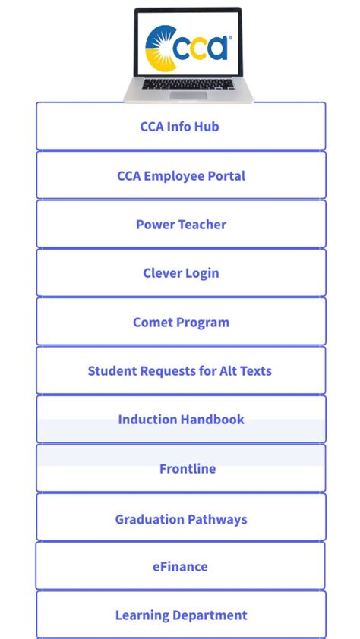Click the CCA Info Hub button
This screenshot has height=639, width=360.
click(181, 127)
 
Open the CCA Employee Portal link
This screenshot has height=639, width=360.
click(181, 175)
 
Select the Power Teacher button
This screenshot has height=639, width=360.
click(181, 225)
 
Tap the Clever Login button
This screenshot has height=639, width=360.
click(181, 273)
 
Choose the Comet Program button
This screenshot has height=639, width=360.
click(181, 322)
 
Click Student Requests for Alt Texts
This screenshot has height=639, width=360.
click(181, 371)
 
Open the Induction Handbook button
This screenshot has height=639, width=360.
click(181, 420)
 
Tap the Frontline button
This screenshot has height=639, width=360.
click(181, 469)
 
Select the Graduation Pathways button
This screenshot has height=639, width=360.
click(181, 519)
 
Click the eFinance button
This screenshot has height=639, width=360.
click(181, 566)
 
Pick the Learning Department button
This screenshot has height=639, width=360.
click(181, 615)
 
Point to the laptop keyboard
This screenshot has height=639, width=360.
click(188, 83)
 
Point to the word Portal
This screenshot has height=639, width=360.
click(226, 175)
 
